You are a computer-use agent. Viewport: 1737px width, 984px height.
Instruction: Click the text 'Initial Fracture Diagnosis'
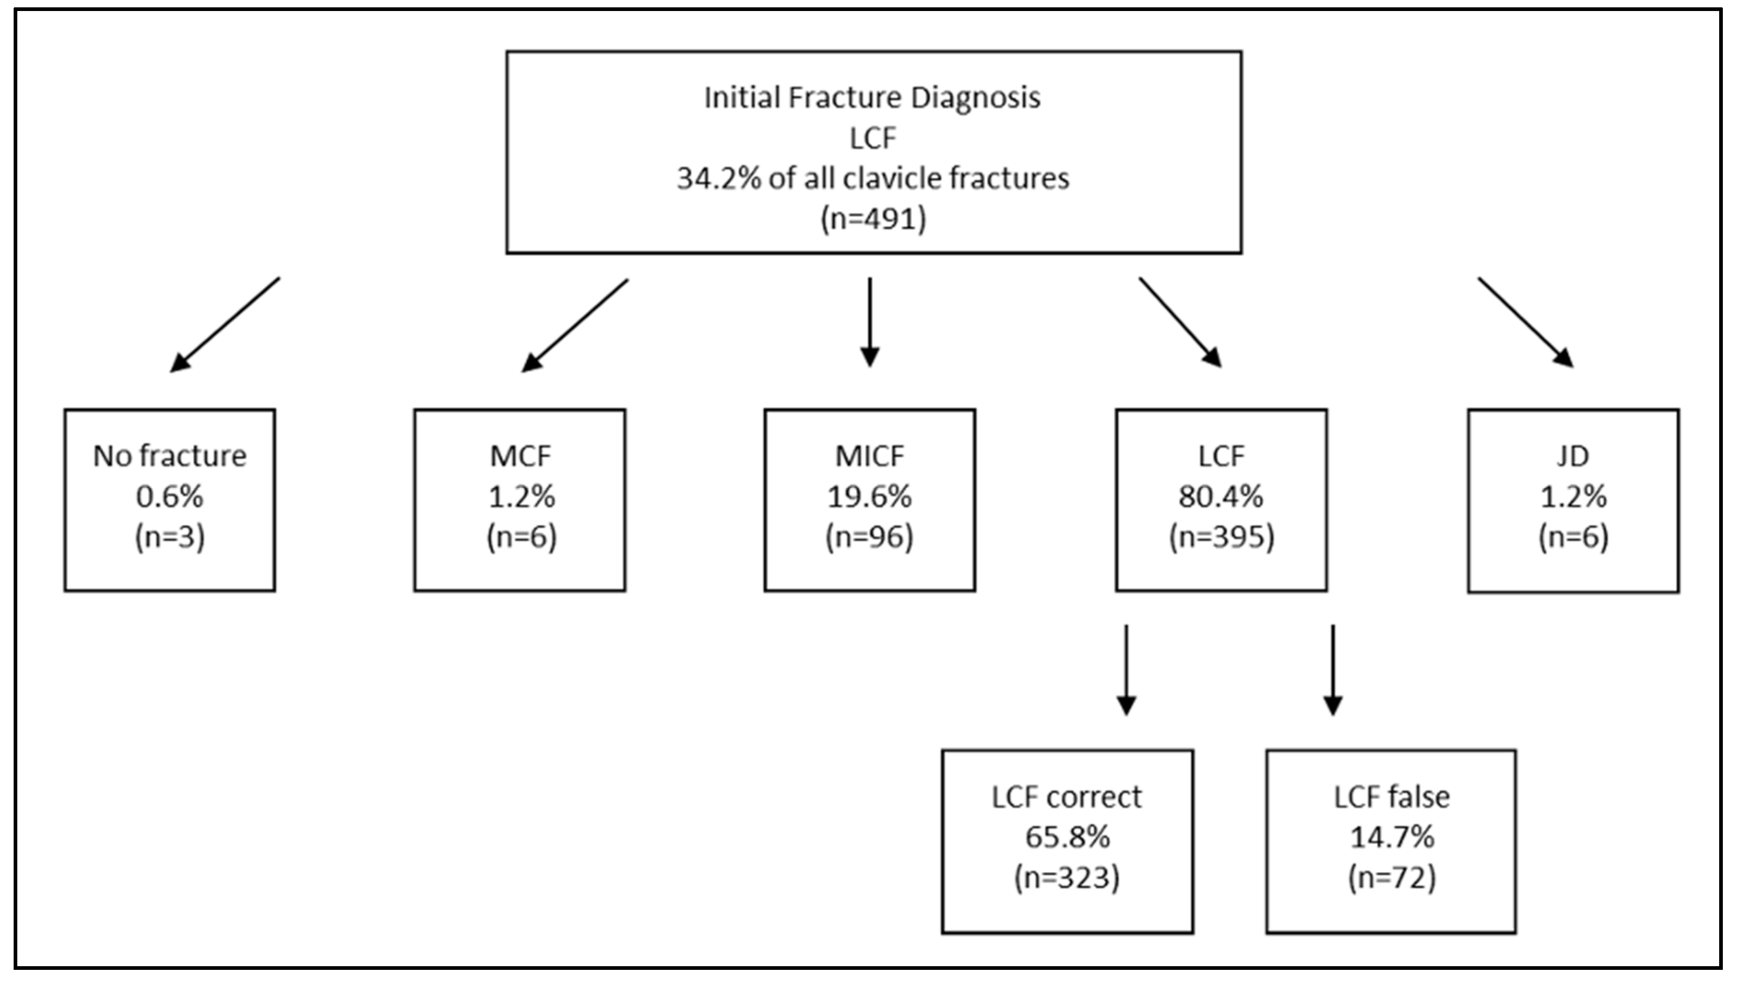[872, 98]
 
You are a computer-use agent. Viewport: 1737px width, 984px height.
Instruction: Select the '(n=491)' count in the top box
[873, 219]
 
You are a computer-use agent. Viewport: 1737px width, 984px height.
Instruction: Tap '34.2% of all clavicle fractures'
[873, 178]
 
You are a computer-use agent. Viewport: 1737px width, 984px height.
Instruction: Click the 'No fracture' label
[170, 456]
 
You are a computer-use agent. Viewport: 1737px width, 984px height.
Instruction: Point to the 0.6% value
[170, 497]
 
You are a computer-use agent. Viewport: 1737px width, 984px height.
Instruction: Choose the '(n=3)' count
[170, 537]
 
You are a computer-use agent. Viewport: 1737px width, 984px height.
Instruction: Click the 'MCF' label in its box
[521, 456]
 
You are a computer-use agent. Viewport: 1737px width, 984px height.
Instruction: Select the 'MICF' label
[870, 456]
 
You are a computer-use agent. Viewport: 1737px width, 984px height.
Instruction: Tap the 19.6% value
[870, 497]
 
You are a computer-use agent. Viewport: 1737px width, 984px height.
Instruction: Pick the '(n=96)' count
[870, 537]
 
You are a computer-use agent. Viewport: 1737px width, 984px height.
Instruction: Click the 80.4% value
[1221, 497]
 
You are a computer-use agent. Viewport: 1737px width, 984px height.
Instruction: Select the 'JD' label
[1573, 456]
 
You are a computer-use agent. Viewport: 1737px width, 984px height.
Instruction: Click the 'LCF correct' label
[1066, 797]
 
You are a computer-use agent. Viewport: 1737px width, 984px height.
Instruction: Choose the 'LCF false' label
[1391, 797]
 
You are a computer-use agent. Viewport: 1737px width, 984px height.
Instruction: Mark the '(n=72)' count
[1391, 878]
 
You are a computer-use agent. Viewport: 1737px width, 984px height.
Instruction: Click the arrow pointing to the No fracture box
[224, 325]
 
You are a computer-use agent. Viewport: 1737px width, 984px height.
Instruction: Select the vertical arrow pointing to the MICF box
[870, 322]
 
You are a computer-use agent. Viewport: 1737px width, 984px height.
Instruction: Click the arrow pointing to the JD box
[1526, 322]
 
